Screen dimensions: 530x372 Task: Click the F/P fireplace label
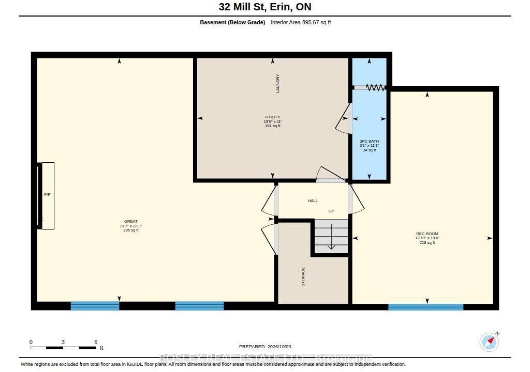(x=47, y=195)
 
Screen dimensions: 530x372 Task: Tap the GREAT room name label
(x=131, y=222)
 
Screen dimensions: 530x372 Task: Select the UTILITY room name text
(x=272, y=117)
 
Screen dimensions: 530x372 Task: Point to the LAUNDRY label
(x=278, y=84)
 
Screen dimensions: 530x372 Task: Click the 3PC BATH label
(x=369, y=142)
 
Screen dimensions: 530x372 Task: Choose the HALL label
(x=313, y=201)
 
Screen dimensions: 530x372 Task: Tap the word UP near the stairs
(x=331, y=211)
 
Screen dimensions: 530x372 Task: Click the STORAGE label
(x=303, y=277)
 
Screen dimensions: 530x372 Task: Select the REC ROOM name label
(x=427, y=234)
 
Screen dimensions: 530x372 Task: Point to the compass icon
(x=490, y=342)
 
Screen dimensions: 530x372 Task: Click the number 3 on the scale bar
(x=63, y=342)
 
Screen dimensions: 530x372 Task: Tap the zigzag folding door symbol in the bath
(x=375, y=87)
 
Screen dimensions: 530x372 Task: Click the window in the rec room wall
(x=425, y=307)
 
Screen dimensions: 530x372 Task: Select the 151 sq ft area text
(x=272, y=126)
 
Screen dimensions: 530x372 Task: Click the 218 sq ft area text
(x=427, y=242)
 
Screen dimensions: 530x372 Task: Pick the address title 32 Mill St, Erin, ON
(x=265, y=7)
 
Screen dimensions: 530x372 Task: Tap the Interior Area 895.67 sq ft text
(x=301, y=23)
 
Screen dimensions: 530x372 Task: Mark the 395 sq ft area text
(x=131, y=230)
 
